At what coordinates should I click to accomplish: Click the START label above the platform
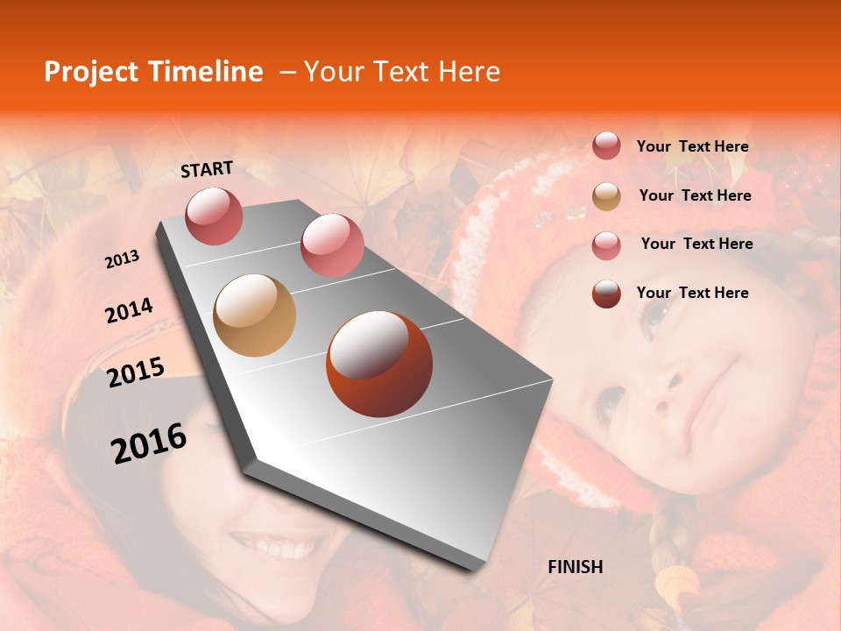point(207,169)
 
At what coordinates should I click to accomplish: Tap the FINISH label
point(575,567)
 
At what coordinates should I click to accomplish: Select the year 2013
point(122,259)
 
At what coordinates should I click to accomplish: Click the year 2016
point(149,443)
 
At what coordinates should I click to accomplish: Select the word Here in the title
point(469,72)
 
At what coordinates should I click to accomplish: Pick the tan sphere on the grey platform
point(254,315)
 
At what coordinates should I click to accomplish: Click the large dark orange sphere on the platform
point(379,363)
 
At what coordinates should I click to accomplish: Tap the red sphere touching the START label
point(214,216)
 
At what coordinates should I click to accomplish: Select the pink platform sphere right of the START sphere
point(331,245)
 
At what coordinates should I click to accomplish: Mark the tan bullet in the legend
point(606,196)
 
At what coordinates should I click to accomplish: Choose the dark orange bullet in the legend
point(606,294)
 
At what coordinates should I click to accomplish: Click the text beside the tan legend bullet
point(695,195)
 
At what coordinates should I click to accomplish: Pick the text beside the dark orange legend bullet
point(692,293)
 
